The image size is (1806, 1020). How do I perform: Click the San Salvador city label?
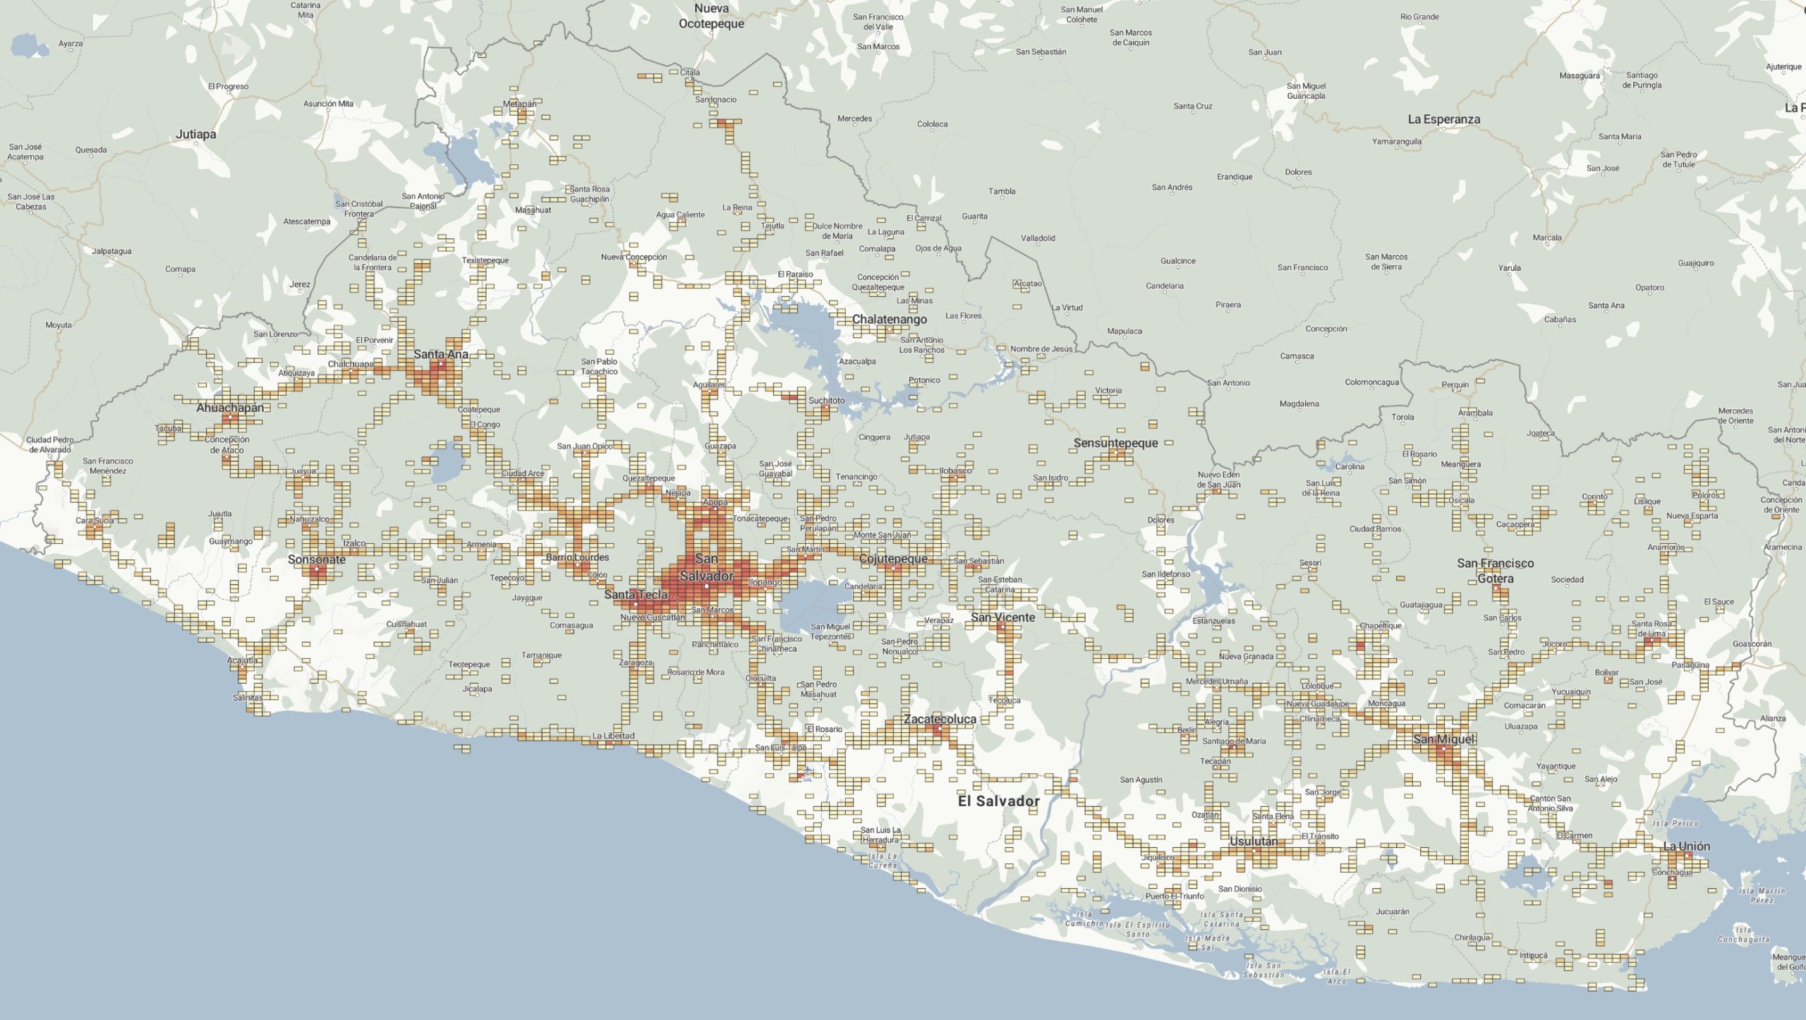tap(706, 567)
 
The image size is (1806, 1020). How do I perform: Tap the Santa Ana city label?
tap(441, 354)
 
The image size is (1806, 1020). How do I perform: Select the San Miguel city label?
tap(1443, 739)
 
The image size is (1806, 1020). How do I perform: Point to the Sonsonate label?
tap(317, 559)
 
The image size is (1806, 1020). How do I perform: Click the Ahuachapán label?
tap(230, 408)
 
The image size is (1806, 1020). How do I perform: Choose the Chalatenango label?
tap(889, 320)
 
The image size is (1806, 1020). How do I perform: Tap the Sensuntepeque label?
tap(1115, 443)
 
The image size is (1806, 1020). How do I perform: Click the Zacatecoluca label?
tap(940, 719)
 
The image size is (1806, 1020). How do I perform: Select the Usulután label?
tap(1253, 842)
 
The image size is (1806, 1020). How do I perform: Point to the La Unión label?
tap(1686, 846)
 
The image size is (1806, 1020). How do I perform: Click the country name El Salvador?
tap(998, 801)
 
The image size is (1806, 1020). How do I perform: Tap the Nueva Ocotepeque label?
tap(711, 16)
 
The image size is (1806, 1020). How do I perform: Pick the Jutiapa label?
tap(196, 134)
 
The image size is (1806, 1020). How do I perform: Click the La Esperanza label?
tap(1443, 119)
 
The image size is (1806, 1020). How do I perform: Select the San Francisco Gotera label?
tap(1495, 571)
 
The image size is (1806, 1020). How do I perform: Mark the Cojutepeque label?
tap(893, 559)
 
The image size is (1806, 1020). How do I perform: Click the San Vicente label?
tap(1002, 617)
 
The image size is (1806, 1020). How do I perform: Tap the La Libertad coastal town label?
tap(613, 736)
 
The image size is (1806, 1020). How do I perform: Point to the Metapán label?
tap(519, 104)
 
